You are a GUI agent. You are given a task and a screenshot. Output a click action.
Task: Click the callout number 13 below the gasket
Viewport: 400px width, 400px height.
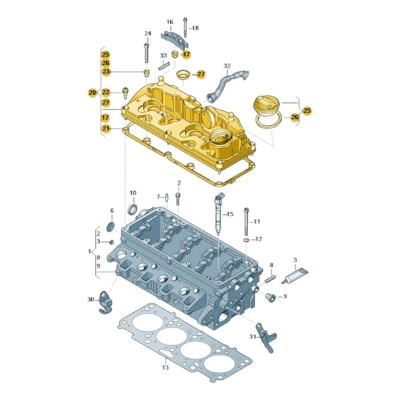click(164, 368)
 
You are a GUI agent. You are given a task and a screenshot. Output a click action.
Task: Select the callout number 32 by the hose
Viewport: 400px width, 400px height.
click(227, 66)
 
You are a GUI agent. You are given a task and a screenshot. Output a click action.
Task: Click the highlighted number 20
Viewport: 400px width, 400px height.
click(93, 92)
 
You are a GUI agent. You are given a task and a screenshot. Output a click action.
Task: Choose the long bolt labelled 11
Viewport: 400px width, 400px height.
click(247, 216)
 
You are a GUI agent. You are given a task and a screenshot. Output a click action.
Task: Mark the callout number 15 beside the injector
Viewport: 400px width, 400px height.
click(230, 214)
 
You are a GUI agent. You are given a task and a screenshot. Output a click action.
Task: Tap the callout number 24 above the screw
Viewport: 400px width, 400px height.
click(147, 34)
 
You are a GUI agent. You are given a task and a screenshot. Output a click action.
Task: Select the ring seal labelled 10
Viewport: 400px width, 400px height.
click(132, 209)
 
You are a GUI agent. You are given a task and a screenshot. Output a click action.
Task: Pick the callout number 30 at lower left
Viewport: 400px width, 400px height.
click(91, 299)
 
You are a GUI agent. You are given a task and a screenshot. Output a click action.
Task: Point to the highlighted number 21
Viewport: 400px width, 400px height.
click(105, 128)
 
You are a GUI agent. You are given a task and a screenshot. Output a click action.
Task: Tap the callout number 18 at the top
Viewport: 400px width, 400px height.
click(195, 28)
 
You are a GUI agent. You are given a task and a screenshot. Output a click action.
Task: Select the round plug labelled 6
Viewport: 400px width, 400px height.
click(112, 226)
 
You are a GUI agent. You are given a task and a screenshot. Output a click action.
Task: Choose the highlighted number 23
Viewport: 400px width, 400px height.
click(105, 72)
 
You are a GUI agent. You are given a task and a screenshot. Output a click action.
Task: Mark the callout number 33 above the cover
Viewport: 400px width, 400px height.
click(164, 55)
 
